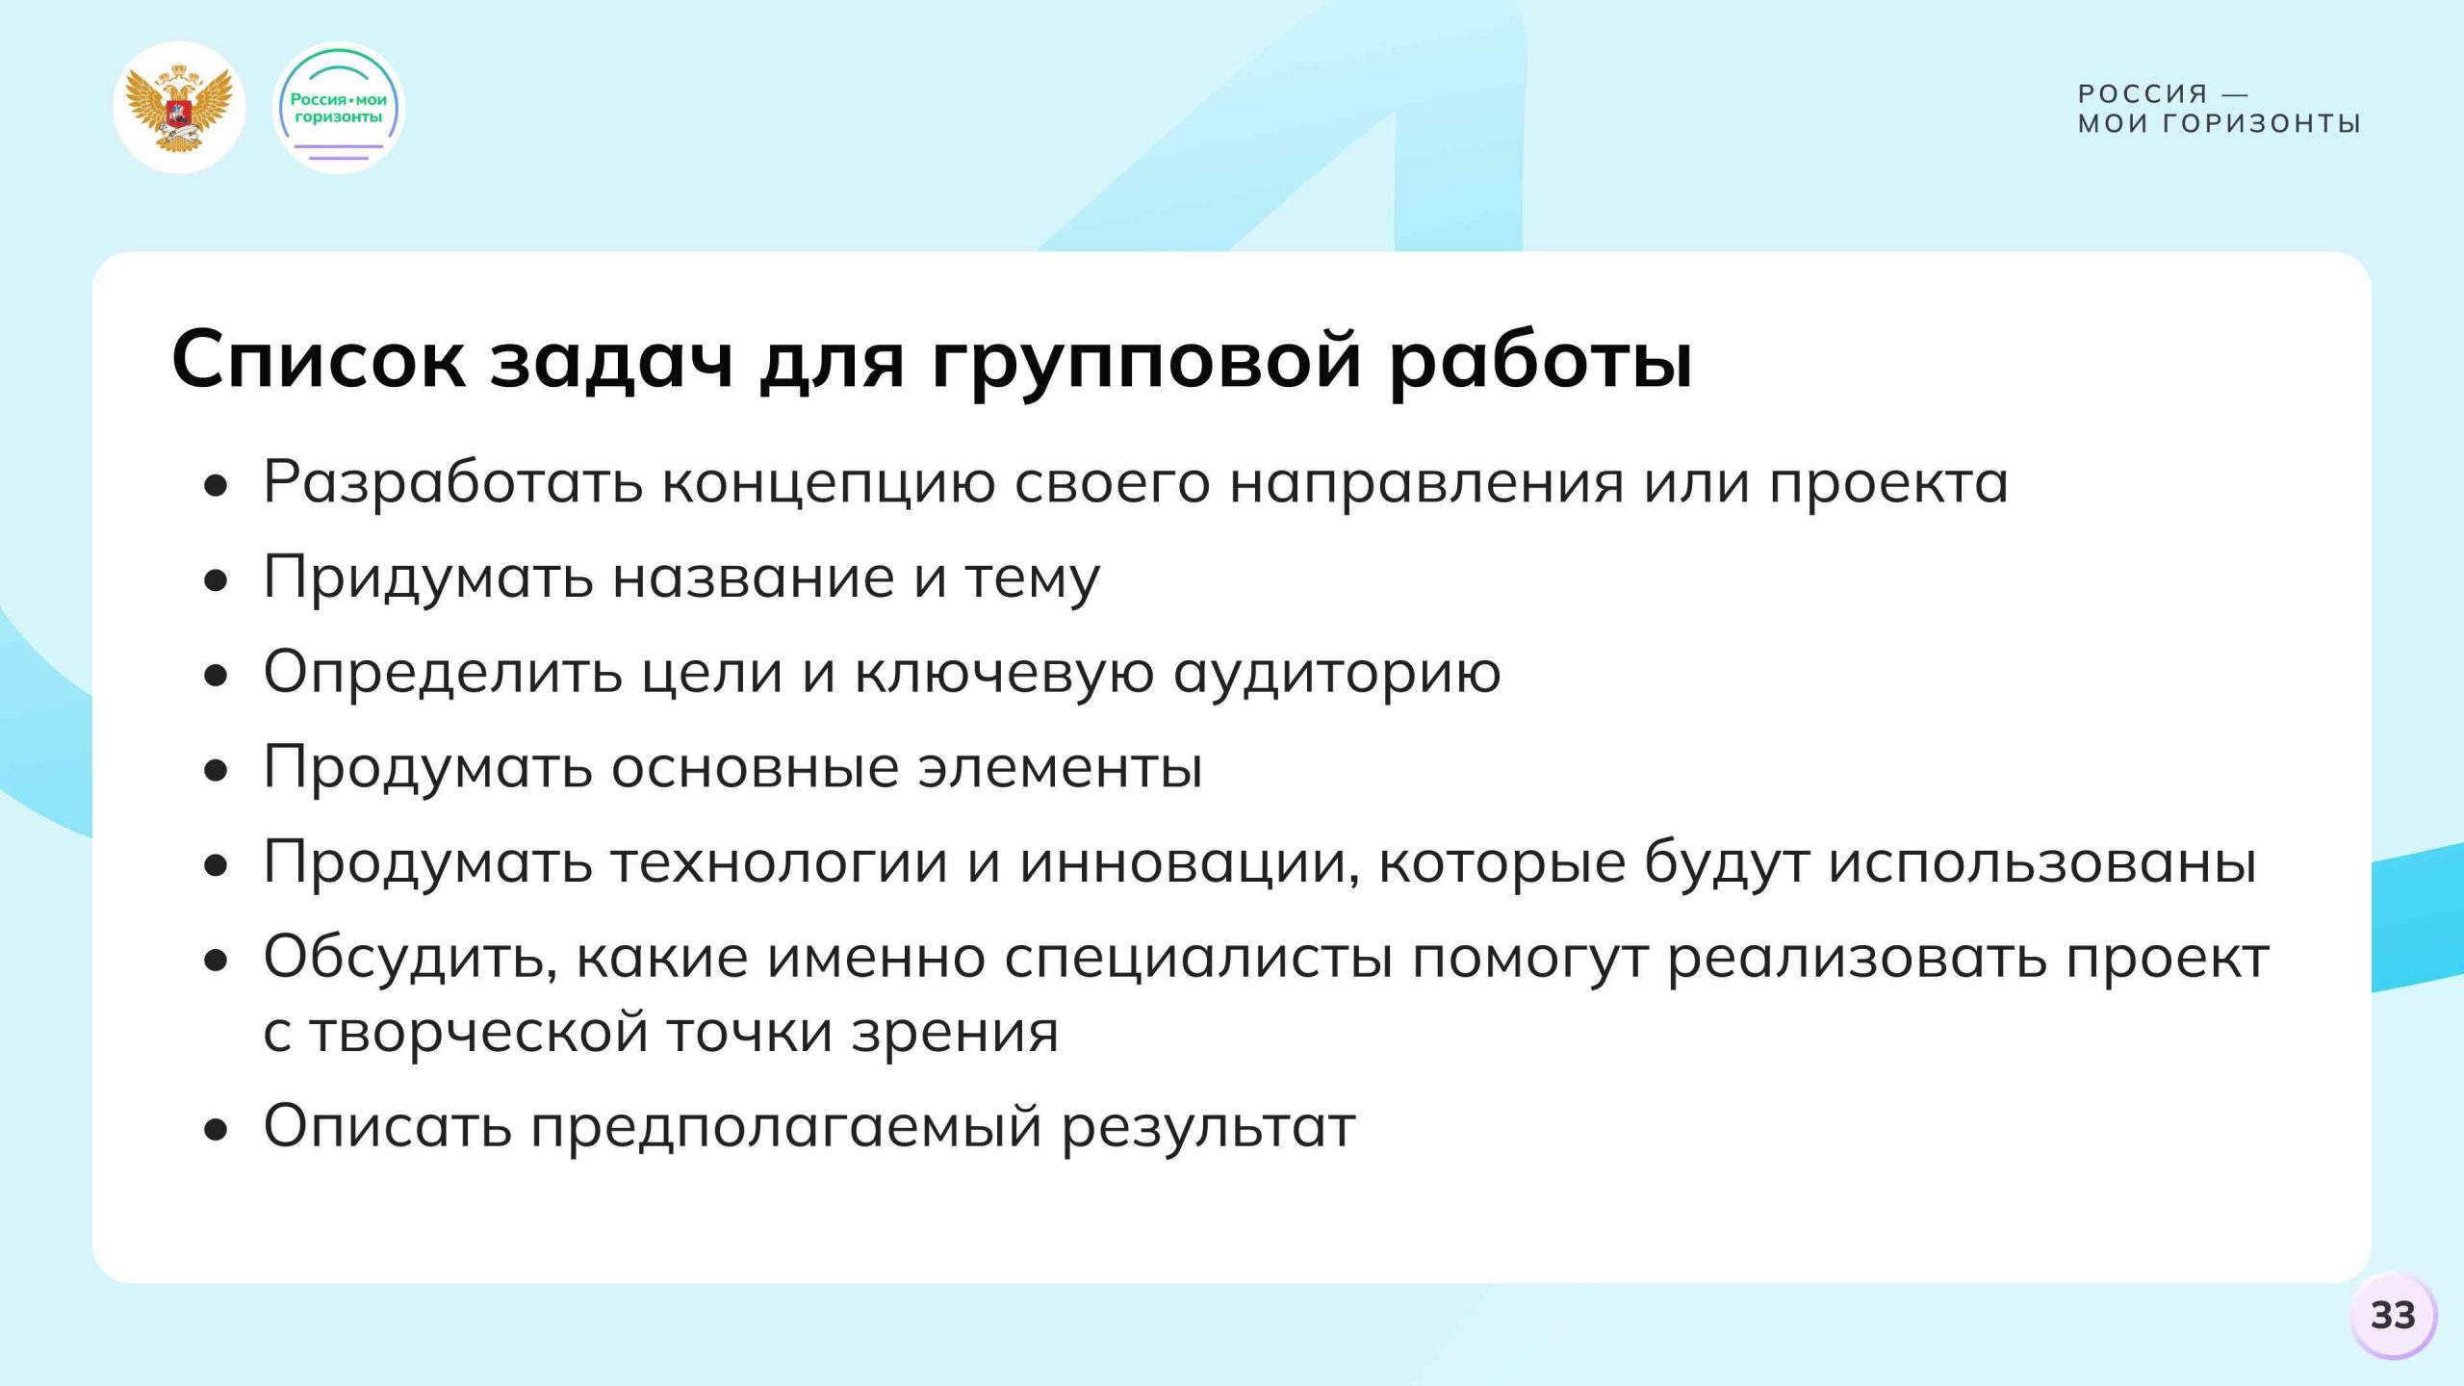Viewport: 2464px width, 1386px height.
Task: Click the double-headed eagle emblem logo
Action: [x=179, y=108]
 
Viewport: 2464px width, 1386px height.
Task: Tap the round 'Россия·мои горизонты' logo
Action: [x=339, y=108]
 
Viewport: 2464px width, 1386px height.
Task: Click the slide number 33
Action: [x=2393, y=1315]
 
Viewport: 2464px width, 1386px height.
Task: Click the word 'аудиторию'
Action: [x=1337, y=672]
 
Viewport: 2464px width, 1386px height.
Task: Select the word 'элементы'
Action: [x=1060, y=767]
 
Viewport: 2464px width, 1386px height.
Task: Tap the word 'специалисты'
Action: [x=1198, y=958]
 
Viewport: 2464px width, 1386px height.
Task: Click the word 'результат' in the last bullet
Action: [x=1209, y=1126]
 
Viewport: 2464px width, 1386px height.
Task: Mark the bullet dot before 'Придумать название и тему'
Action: [x=217, y=581]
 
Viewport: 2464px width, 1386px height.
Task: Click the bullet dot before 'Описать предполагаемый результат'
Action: [x=217, y=1130]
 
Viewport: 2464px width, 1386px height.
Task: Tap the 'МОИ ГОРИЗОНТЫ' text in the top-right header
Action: [x=2220, y=124]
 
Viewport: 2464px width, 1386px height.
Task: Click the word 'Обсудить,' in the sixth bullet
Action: [x=410, y=958]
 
